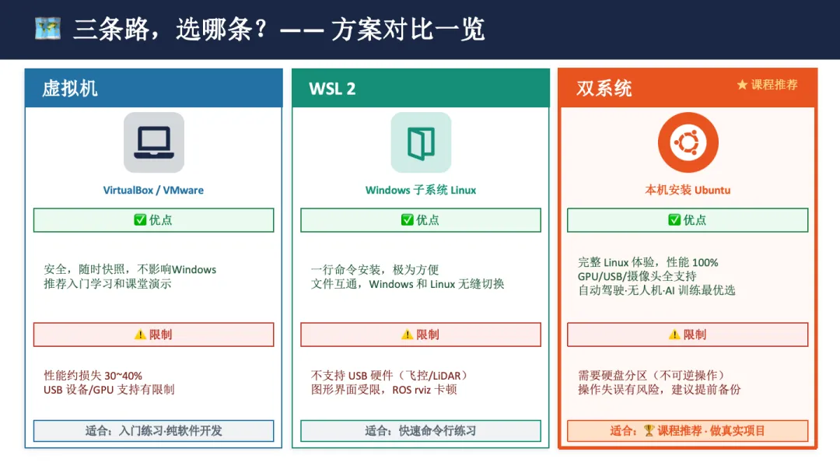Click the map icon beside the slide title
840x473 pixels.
pos(47,29)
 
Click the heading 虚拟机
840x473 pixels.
pos(70,88)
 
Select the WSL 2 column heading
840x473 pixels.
pos(332,89)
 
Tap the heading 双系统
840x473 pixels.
pos(604,88)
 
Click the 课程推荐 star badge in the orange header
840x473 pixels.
pos(767,84)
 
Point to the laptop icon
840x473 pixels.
pos(154,142)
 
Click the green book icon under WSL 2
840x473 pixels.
pos(421,142)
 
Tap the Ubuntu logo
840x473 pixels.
pos(688,142)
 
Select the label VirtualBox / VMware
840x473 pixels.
pos(153,190)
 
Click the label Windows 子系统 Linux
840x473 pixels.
pos(421,190)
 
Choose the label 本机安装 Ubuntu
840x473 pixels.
pos(688,190)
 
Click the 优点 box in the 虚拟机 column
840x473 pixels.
pos(153,220)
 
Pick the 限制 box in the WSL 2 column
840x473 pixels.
pos(421,335)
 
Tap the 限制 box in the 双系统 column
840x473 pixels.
pos(688,335)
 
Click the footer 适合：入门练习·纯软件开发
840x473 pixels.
pos(153,431)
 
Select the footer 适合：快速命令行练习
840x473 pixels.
pos(421,431)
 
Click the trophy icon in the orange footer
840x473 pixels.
pos(649,431)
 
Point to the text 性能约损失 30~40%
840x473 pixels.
pos(93,376)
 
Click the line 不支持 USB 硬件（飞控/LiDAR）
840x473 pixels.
pos(390,376)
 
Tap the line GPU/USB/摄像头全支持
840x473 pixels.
pos(637,276)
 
